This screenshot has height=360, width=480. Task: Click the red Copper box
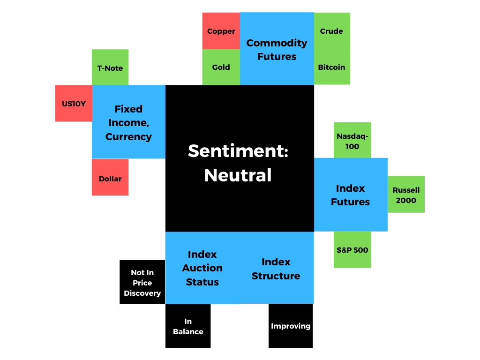[x=221, y=31]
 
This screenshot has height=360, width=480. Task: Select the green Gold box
[x=221, y=67]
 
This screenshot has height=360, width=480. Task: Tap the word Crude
[x=331, y=31]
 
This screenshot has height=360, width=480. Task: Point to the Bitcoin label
[x=331, y=67]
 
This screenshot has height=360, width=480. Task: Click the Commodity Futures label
[x=277, y=50]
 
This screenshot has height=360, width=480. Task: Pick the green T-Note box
[x=110, y=67]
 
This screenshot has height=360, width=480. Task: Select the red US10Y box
[x=74, y=104]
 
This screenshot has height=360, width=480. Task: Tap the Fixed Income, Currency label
[x=128, y=123]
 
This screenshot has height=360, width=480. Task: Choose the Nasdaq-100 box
[x=352, y=140]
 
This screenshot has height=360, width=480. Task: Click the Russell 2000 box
[x=406, y=195]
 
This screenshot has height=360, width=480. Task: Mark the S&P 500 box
[x=352, y=249]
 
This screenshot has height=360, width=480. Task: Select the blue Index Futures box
[x=351, y=195]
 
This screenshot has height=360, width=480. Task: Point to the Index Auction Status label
[x=202, y=268]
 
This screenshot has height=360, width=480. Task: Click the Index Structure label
[x=276, y=269]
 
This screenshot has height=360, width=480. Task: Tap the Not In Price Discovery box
[x=142, y=282]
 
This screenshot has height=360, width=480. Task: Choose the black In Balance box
[x=188, y=326]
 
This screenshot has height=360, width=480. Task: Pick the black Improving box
[x=291, y=326]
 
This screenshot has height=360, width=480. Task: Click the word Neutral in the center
[x=238, y=175]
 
